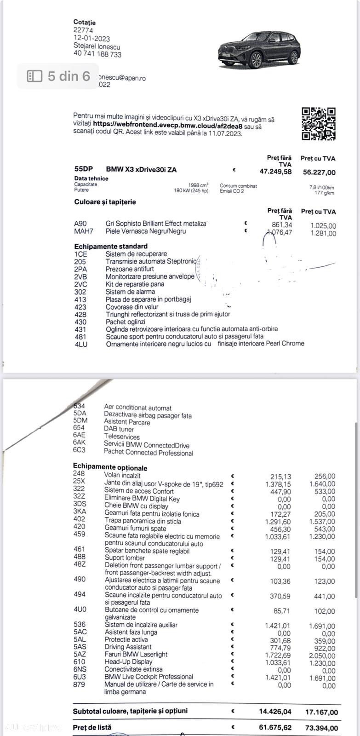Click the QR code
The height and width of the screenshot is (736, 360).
tap(319, 124)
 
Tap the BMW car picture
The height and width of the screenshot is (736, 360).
tap(259, 50)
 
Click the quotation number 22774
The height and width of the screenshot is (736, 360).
tap(83, 30)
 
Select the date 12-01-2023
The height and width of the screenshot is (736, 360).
tap(91, 38)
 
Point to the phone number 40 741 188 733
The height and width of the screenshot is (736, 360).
tap(97, 54)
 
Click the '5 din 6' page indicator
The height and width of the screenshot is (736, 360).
tap(58, 76)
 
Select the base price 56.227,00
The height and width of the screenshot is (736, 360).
tap(319, 172)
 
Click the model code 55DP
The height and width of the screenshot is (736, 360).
tap(83, 169)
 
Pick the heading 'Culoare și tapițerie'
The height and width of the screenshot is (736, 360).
tap(105, 202)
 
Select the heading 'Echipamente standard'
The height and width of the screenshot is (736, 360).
tap(111, 246)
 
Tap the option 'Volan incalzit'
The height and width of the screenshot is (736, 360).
tap(122, 476)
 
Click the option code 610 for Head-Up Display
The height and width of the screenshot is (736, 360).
tap(79, 661)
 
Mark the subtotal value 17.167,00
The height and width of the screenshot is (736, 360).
tap(321, 712)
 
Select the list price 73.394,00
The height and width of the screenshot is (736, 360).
tap(321, 728)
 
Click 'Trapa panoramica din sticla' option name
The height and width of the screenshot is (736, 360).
tap(143, 521)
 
